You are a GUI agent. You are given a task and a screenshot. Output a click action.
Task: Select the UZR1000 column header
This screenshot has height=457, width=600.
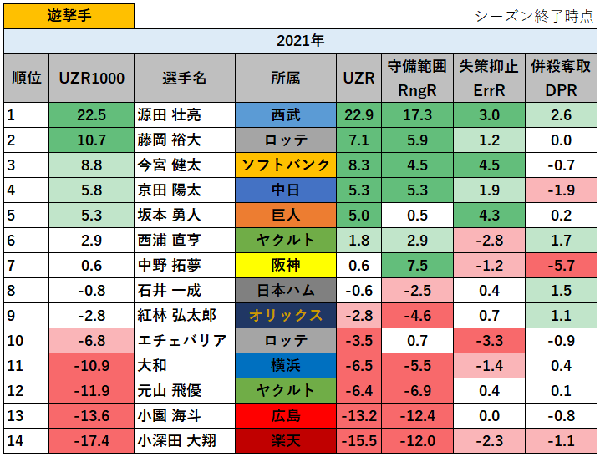coord(92,78)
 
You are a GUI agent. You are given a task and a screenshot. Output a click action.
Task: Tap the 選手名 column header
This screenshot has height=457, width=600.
coord(184,78)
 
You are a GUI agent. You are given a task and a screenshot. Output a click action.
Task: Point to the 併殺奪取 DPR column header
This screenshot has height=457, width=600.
coord(561,78)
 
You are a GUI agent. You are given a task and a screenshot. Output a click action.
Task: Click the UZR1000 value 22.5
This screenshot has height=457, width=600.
coord(92,115)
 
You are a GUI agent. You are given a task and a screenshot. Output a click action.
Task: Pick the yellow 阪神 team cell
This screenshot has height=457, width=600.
coord(286,266)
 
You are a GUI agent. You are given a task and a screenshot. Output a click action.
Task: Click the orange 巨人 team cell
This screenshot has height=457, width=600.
coord(286,216)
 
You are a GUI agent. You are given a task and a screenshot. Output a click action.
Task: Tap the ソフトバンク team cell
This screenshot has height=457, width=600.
coord(286,165)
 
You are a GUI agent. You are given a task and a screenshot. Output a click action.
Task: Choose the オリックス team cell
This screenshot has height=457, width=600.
coord(286,316)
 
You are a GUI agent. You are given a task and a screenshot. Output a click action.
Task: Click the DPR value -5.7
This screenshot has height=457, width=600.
coord(561,266)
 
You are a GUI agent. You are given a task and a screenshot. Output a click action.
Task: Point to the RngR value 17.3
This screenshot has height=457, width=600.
coord(417,115)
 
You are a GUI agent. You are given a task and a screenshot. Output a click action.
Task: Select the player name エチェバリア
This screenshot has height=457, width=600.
coord(181,341)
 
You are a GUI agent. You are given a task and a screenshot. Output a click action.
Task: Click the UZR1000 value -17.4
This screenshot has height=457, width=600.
coord(92,441)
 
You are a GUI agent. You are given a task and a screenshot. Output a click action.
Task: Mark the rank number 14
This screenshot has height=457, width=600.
coord(14,441)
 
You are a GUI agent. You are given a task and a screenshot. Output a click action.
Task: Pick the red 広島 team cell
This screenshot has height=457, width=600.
coord(286,416)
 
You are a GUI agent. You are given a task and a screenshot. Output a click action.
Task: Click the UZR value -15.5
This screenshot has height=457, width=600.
coord(358,441)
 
